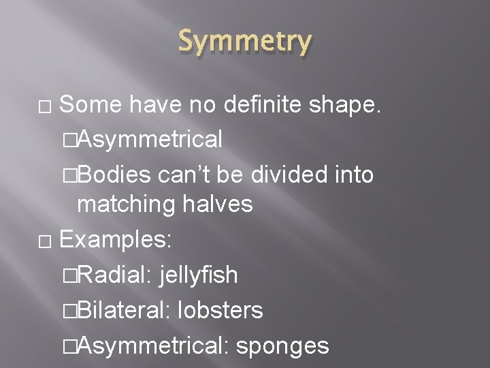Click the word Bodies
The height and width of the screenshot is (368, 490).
(114, 174)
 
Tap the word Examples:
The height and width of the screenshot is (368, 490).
(116, 239)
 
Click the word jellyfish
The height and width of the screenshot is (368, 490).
(199, 275)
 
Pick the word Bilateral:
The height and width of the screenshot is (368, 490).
(122, 311)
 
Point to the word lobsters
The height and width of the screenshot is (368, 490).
(220, 311)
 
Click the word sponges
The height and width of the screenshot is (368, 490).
(282, 346)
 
